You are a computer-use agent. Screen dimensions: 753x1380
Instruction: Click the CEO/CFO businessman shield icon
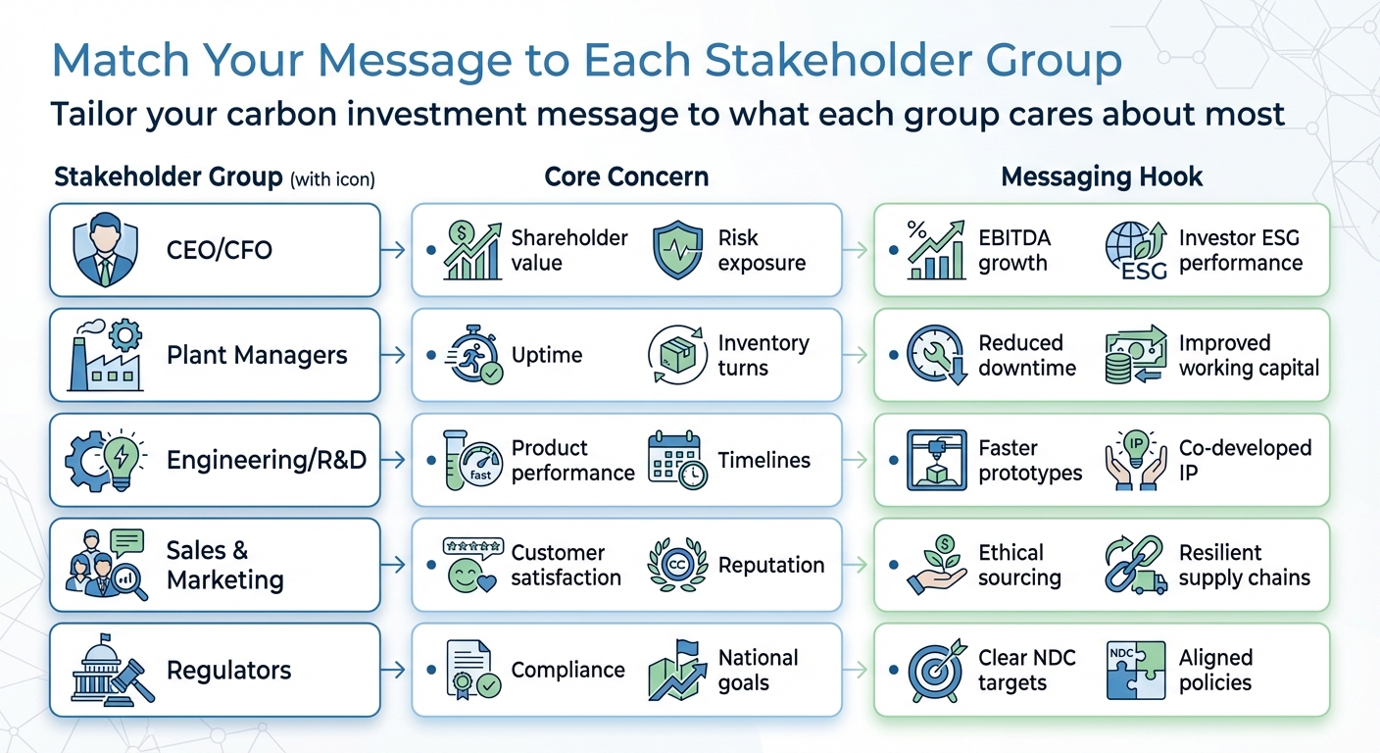pos(104,251)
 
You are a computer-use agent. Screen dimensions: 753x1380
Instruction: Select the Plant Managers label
pos(257,355)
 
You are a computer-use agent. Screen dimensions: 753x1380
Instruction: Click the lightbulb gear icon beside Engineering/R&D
pos(106,460)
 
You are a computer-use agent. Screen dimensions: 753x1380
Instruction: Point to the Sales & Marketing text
pos(225,566)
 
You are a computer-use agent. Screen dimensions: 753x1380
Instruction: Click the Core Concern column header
pos(626,176)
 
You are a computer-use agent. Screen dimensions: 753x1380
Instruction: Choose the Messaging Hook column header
pos(1102,176)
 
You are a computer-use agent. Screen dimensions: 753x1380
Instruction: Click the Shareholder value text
pos(568,251)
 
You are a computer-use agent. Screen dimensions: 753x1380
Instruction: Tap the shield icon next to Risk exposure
pos(677,251)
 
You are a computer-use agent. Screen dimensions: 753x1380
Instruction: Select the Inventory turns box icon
pos(677,355)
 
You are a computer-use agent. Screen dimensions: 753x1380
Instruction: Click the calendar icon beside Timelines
pos(677,460)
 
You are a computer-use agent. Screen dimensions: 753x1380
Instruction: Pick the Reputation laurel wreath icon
pos(677,566)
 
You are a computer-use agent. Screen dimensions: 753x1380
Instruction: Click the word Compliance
pos(567,671)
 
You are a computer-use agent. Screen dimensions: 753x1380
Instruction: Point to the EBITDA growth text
pos(1012,251)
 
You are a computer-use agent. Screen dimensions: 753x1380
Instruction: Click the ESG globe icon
pos(1137,251)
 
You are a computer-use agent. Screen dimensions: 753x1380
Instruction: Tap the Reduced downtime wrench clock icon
pos(935,355)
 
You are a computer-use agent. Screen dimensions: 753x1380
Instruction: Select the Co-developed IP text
pos(1244,460)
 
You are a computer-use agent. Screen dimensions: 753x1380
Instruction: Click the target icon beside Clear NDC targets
pos(935,671)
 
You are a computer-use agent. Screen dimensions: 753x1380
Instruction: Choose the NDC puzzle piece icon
pos(1137,671)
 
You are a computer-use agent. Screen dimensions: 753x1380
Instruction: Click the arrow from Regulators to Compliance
pos(393,671)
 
